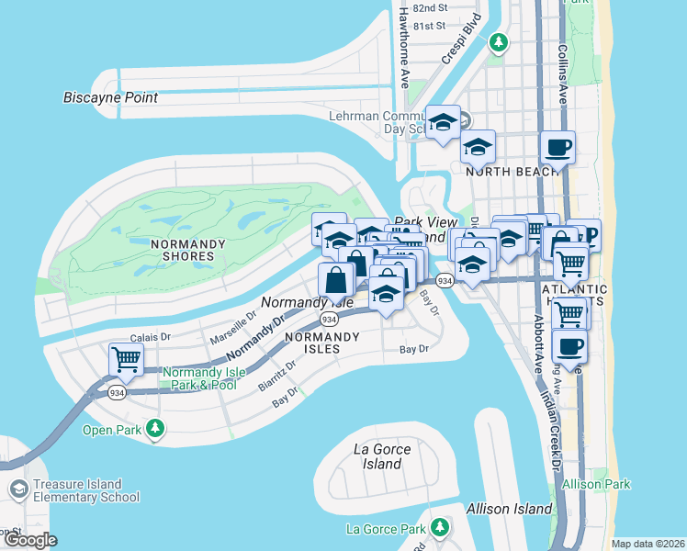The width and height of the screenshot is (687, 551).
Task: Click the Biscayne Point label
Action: pos(111,97)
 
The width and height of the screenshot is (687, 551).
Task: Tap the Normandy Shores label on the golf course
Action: pos(187,249)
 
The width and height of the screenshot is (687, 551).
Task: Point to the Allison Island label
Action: pos(510,508)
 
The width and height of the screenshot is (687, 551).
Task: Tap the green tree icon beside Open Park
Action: pos(156,428)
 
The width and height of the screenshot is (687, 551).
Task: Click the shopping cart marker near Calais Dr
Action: pos(126,360)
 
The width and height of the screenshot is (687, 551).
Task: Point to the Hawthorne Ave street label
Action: pos(403,55)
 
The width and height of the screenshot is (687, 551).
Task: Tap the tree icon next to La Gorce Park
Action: pos(440,527)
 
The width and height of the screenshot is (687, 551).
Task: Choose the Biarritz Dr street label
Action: pos(277,377)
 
